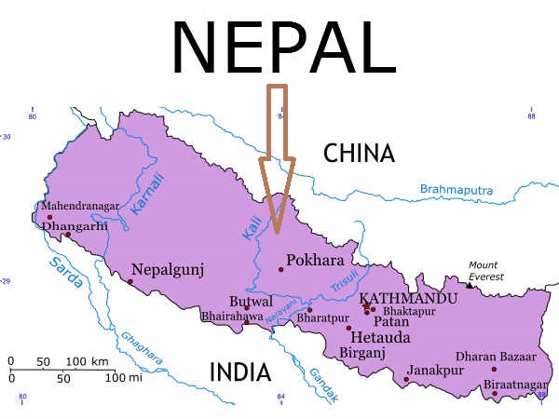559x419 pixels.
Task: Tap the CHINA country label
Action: point(359,154)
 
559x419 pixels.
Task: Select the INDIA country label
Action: point(239,372)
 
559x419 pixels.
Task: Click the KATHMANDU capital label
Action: point(408,298)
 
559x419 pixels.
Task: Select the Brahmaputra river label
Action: point(456,189)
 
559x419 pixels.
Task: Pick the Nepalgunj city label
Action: point(168,269)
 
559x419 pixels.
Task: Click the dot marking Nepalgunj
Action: point(130,281)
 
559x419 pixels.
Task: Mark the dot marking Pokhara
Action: point(280,270)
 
